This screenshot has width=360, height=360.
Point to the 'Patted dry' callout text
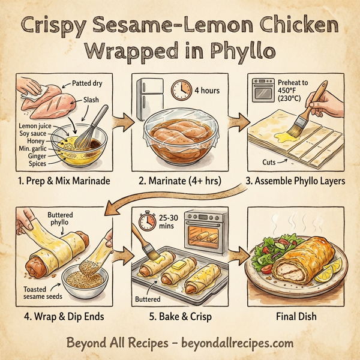[x=88, y=85]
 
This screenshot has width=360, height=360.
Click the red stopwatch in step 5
[x=144, y=221]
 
